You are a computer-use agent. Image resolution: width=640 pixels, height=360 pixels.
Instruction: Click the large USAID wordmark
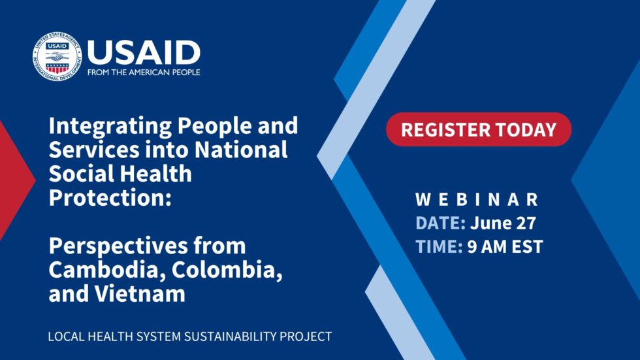point(143,52)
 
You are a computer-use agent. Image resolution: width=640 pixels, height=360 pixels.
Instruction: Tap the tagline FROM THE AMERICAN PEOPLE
point(143,73)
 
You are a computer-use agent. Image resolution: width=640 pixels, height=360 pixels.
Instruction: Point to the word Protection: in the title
point(110,198)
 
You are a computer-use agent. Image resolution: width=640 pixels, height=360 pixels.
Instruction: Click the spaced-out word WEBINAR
point(477,199)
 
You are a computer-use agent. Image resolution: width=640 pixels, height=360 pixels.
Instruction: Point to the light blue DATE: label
point(440,223)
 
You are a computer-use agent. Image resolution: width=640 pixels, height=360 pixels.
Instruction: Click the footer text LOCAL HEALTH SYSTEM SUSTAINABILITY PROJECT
point(190,337)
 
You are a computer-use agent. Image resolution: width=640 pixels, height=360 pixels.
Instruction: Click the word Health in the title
point(150,174)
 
